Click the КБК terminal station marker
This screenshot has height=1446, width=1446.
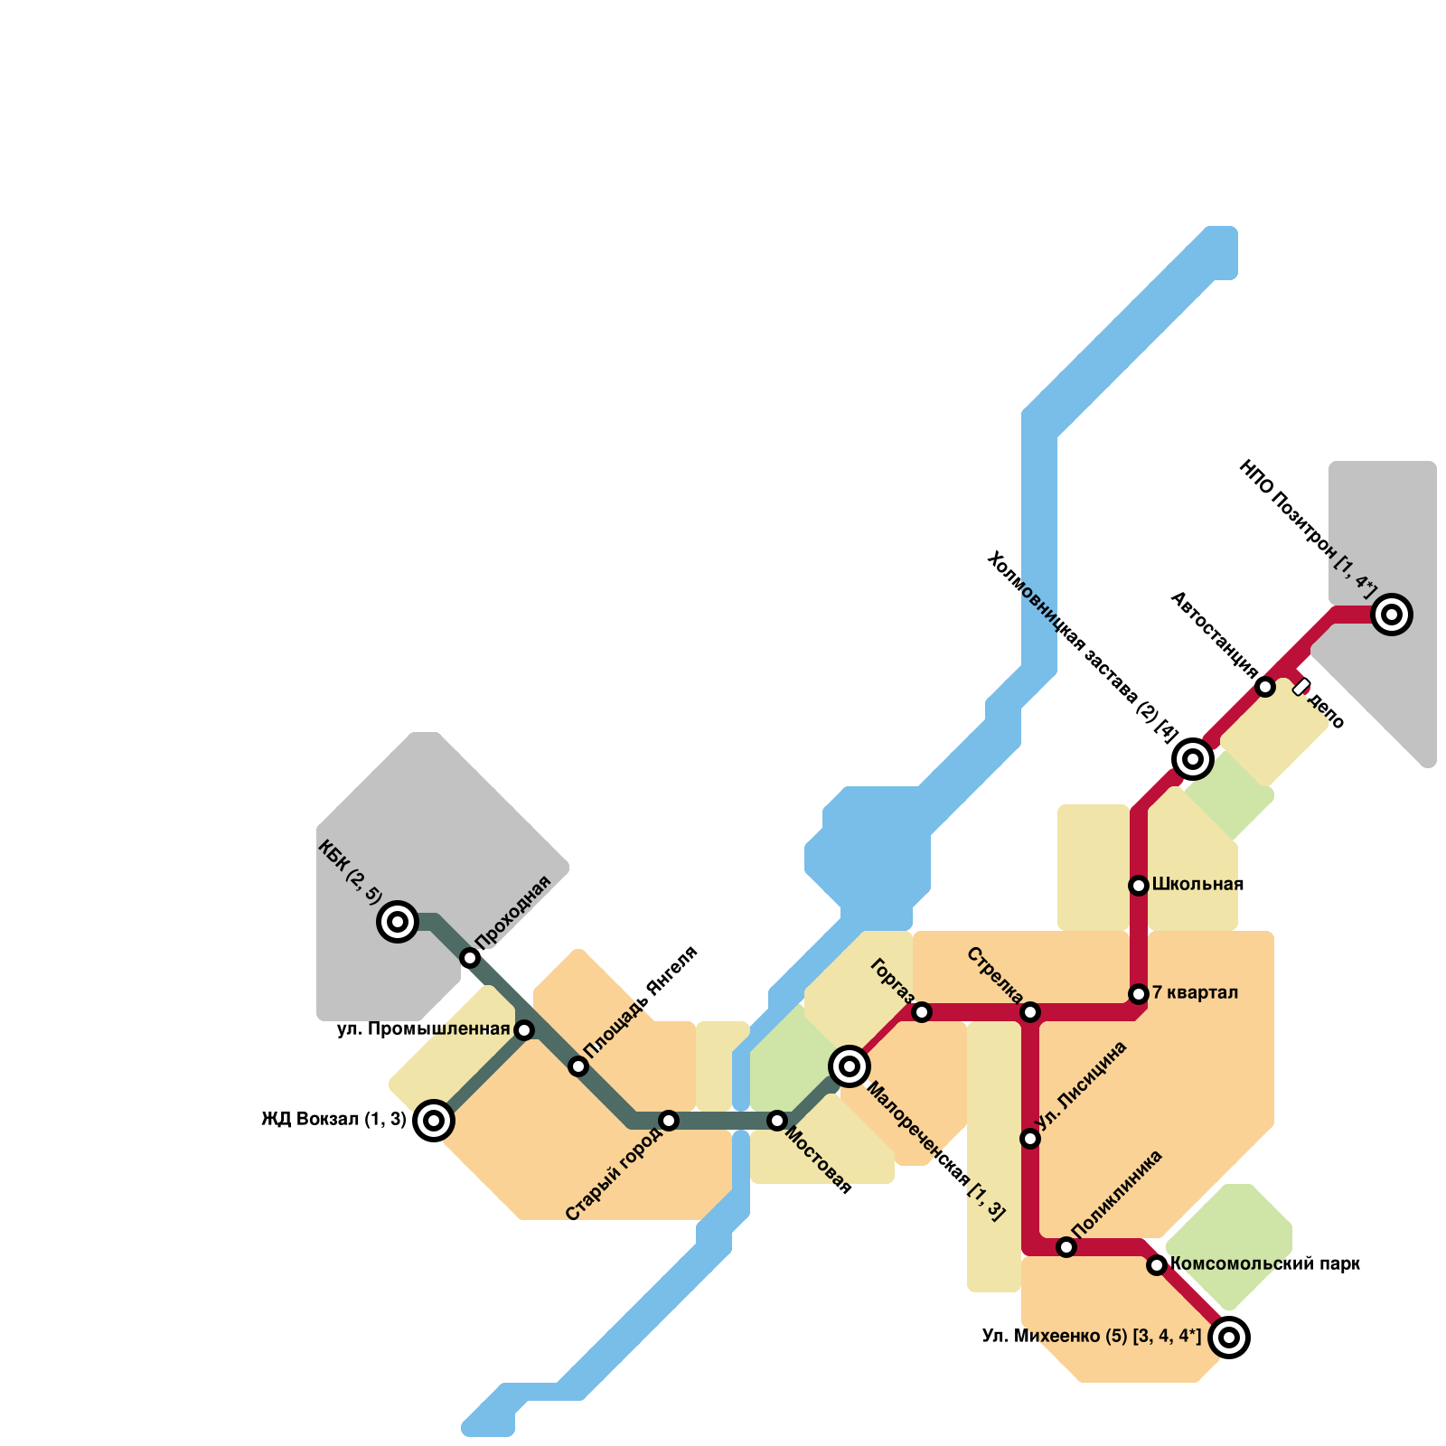(397, 922)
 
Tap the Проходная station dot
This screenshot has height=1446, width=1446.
(470, 958)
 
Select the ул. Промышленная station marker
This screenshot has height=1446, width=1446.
(524, 1030)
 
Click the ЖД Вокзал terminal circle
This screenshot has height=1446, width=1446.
(434, 1121)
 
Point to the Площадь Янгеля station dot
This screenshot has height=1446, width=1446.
(578, 1066)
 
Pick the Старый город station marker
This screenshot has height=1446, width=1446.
(669, 1121)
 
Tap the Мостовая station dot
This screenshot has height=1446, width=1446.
(777, 1121)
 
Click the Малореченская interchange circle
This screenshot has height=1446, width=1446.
(850, 1066)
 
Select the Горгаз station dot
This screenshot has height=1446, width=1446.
(922, 1012)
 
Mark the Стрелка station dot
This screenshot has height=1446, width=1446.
(1030, 1012)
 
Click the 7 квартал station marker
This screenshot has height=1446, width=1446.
(1139, 994)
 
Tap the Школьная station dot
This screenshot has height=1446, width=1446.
(1139, 886)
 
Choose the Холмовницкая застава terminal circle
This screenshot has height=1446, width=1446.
(1193, 759)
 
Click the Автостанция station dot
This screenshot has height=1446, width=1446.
(1265, 687)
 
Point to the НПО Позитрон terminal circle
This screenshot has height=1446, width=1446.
(1392, 615)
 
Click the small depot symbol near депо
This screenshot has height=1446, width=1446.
(1301, 687)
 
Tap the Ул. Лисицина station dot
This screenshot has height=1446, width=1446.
(1030, 1139)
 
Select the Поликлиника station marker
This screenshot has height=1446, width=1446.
(1066, 1247)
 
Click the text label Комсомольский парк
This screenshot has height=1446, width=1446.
(1264, 1264)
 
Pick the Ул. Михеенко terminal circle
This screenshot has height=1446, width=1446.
(1229, 1338)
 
